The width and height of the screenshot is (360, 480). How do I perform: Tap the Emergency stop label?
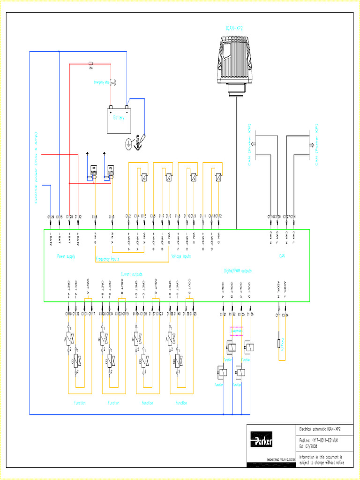point(102,82)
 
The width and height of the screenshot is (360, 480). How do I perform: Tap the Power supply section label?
point(66,256)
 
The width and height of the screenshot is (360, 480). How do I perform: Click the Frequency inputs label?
point(107,259)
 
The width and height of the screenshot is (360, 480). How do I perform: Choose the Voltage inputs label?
point(181,256)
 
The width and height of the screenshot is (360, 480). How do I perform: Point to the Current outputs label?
point(132,274)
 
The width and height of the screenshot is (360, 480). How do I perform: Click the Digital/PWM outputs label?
point(238,270)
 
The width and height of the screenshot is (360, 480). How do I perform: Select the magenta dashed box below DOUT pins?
point(236,331)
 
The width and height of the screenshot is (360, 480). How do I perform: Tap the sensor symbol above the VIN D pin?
point(219,177)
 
